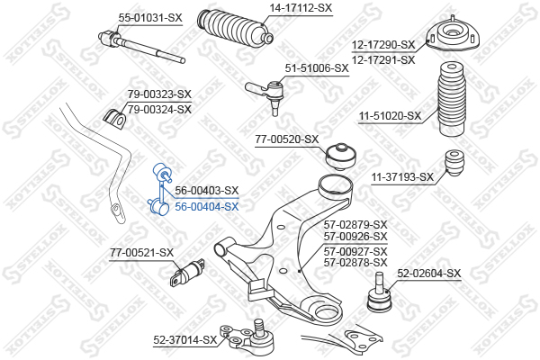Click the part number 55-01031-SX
150,18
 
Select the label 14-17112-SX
301,7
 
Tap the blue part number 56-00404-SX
207,207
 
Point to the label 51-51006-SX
317,68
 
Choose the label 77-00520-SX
287,139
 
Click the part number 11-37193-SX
402,177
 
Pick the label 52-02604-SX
428,274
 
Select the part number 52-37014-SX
184,340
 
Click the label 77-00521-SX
141,253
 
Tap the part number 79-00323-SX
159,94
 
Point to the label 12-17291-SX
383,60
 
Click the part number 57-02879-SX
355,225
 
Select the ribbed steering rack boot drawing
236,28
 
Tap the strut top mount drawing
453,35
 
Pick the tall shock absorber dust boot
451,99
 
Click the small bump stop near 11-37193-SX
454,163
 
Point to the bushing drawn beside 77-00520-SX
340,157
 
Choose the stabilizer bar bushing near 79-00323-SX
115,119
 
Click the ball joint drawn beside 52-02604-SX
379,292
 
